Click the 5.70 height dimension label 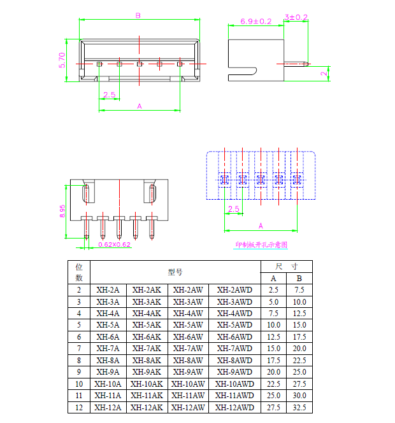tap(62, 59)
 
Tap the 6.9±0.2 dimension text tap(256, 21)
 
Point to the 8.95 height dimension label tap(62, 211)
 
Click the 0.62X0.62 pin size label tap(115, 244)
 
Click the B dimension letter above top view tap(138, 15)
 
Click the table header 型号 tap(175, 272)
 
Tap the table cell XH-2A tap(108, 290)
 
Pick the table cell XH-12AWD tap(234, 407)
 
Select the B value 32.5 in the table tap(299, 407)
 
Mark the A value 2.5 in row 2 tap(273, 290)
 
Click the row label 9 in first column tap(79, 372)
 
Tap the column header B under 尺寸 tap(299, 279)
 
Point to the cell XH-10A tap(108, 384)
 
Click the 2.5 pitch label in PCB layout tap(233, 209)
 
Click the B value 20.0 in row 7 tap(299, 349)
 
